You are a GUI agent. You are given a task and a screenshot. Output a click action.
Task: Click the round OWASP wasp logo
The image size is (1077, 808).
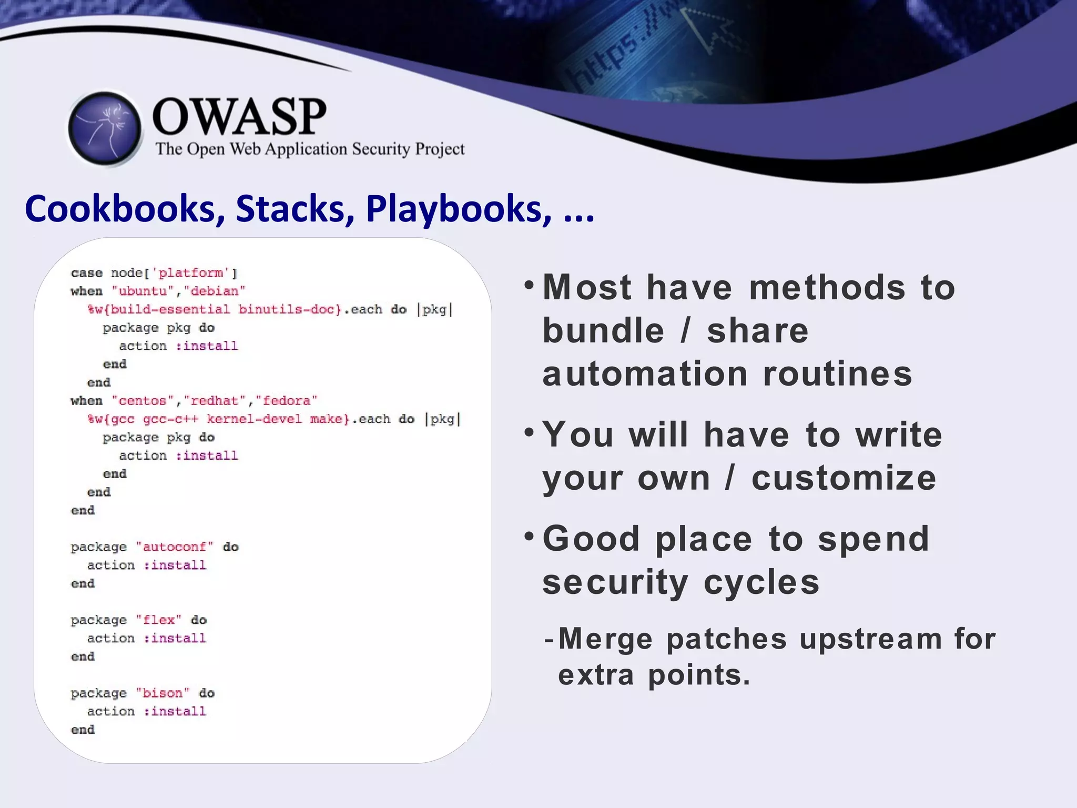(105, 129)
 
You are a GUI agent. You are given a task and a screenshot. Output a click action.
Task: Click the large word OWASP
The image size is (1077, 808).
(239, 117)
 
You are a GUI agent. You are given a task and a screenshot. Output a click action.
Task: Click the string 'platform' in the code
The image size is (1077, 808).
(190, 273)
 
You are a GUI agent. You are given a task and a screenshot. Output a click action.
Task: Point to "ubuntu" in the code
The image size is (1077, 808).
(143, 291)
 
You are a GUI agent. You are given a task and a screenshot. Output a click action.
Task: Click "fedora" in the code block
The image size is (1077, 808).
(287, 401)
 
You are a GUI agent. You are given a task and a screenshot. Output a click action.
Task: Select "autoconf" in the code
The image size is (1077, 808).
(175, 547)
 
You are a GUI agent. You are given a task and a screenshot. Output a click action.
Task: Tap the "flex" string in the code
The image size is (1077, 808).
(159, 620)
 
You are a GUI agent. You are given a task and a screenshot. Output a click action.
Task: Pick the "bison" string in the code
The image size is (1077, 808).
(162, 693)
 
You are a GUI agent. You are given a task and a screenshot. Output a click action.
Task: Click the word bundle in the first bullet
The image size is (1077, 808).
(603, 331)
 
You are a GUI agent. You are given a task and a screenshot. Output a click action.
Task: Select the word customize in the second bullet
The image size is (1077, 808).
(844, 478)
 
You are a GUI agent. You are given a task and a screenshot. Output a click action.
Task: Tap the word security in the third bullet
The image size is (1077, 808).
(615, 583)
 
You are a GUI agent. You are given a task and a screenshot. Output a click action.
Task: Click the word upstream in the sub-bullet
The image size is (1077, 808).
(871, 639)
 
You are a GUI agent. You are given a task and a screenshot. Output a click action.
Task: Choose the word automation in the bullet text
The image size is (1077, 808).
(645, 374)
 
